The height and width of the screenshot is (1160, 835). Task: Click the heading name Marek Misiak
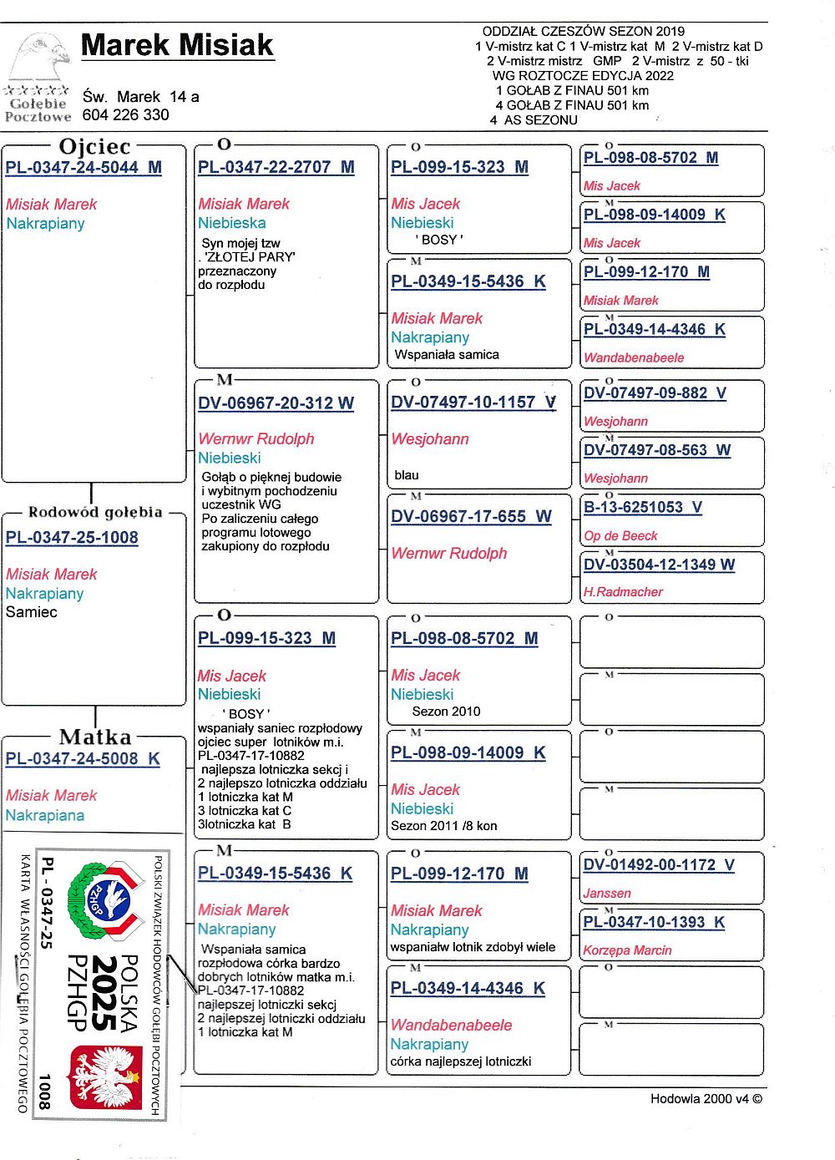point(177,45)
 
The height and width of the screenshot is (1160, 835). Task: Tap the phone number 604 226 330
point(125,115)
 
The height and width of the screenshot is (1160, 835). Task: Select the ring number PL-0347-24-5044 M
point(83,167)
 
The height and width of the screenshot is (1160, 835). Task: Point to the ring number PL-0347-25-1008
point(72,538)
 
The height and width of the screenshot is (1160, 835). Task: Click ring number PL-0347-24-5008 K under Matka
point(83,759)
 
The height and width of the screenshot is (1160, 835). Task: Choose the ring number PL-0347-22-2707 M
point(276,167)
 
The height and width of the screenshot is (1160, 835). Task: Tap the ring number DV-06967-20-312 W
point(276,403)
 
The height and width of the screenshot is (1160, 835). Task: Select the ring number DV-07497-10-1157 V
point(473,403)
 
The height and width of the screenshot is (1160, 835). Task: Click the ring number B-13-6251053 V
point(642,507)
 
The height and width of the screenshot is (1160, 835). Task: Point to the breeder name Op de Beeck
point(620,536)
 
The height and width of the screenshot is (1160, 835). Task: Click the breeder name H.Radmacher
point(623,592)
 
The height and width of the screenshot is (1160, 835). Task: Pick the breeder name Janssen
point(607,894)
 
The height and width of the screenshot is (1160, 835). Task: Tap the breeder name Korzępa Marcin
point(627,950)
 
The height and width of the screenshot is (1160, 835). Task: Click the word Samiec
point(32,612)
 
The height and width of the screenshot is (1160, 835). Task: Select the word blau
point(407,475)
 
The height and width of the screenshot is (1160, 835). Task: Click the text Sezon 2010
point(446,712)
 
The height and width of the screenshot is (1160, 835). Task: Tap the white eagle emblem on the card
point(106,1077)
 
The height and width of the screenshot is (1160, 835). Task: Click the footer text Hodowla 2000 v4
point(706,1099)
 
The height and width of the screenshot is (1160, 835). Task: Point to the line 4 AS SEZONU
point(534,120)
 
